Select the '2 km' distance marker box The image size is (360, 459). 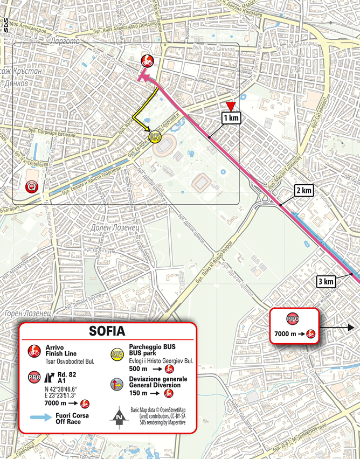click(x=303, y=191)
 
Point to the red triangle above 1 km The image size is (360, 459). click(x=231, y=105)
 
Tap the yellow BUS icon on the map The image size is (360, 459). click(x=155, y=137)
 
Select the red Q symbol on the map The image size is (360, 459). click(x=33, y=187)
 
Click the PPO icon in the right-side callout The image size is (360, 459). click(x=293, y=318)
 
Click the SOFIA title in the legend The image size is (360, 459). click(x=108, y=331)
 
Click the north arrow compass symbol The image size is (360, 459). click(x=117, y=416)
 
